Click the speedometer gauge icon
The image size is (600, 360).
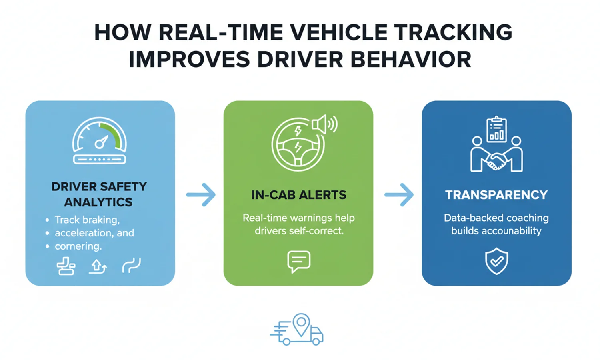(x=100, y=141)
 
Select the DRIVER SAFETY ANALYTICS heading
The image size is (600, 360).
(x=99, y=194)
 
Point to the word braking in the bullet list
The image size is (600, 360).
(x=103, y=220)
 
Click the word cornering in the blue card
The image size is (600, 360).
(x=78, y=246)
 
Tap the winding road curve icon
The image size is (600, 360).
(x=132, y=266)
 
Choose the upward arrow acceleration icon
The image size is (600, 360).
(x=98, y=266)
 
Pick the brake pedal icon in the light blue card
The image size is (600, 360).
(x=66, y=266)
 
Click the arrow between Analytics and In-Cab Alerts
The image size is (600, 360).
(x=201, y=195)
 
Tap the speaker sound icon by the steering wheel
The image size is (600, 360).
(x=324, y=124)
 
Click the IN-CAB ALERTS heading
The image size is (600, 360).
(x=299, y=195)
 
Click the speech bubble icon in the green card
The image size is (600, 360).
(x=298, y=261)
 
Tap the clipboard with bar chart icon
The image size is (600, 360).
(x=496, y=130)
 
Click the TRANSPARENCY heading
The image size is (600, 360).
(x=496, y=195)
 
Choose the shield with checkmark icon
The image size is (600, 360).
(x=496, y=261)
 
